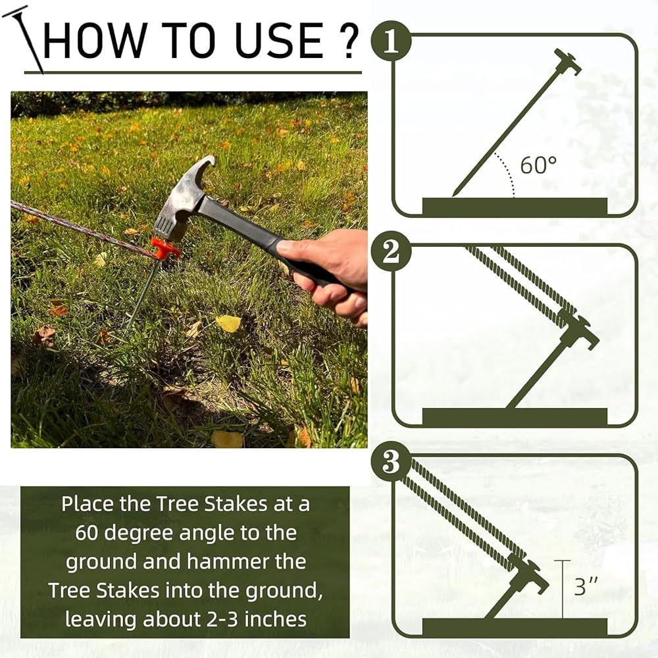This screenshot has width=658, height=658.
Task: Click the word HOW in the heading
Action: pos(94,40)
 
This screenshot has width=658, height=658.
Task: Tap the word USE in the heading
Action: pos(279,40)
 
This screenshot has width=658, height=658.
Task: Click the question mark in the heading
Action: pos(349,40)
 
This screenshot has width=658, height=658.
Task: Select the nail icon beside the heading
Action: pos(22,39)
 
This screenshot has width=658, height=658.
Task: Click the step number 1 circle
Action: pos(391,41)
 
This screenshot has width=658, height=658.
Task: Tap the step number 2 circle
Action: pos(391,251)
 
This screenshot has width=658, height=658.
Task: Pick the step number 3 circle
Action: pos(391,462)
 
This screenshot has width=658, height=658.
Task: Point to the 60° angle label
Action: pos(538,165)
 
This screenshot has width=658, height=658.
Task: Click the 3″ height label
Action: pos(586,586)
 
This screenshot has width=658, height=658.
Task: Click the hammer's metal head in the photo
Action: pos(185,197)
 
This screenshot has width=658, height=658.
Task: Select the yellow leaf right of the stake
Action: pos(229,323)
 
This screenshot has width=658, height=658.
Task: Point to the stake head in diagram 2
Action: pos(580,332)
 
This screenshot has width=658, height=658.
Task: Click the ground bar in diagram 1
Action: pos(515,207)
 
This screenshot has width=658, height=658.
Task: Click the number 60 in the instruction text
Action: pos(86,533)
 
